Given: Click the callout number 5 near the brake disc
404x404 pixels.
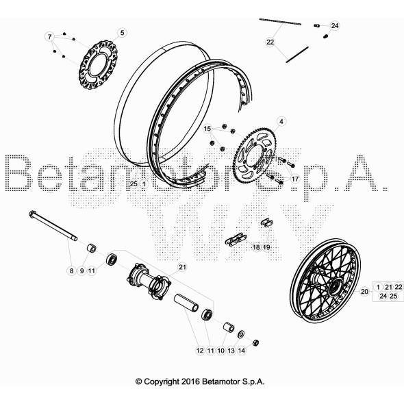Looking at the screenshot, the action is coord(122,33).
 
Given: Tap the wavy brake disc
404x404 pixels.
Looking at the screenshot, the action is coord(98,65).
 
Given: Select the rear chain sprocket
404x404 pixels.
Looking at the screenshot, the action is coord(255,157).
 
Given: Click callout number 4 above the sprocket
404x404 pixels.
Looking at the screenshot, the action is coord(281,121).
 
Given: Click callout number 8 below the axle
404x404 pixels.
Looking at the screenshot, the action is coord(71,270).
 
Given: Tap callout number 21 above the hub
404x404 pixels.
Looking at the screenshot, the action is coord(182,267).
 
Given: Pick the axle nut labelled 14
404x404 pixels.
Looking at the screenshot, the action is coord(255,343).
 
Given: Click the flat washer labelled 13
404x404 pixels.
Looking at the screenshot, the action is coord(242,334).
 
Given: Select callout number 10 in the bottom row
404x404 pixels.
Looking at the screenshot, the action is coord(220,351).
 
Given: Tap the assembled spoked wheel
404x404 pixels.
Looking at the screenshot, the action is coord(325,281).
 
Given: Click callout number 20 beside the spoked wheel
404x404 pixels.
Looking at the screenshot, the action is coord(364,292).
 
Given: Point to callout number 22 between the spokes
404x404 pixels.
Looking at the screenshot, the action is coord(270,42).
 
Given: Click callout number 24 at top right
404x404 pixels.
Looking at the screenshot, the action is coord(335,26).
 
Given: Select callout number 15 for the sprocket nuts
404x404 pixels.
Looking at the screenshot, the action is coord(207,129).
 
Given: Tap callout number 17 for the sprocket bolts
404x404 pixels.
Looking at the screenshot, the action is coord(295,179).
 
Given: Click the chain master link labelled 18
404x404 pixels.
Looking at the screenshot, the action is coord(236,240).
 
